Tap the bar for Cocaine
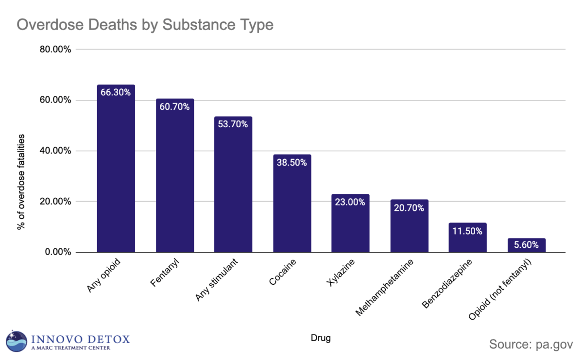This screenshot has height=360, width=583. [x=292, y=209]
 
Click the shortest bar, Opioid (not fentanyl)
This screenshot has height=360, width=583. [x=526, y=245]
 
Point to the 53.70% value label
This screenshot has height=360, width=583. [x=233, y=124]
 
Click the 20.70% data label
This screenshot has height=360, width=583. [x=409, y=208]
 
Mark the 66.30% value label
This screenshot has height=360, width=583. [x=116, y=92]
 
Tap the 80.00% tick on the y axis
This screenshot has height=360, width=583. [x=54, y=50]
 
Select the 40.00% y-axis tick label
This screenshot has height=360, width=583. [x=54, y=151]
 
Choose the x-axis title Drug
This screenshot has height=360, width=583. [x=321, y=338]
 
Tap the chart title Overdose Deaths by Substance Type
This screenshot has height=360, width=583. [x=145, y=25]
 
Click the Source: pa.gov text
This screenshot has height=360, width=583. [x=532, y=344]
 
